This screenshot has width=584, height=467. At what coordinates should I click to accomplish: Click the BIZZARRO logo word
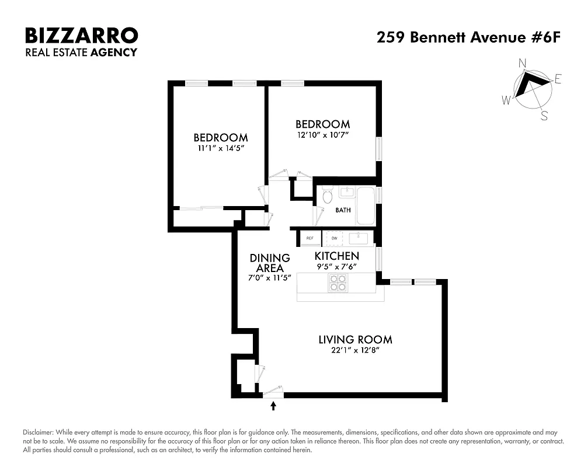point(81,36)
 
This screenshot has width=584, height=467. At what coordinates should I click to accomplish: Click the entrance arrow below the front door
point(273,405)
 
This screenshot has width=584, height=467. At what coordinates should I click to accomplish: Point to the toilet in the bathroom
point(326,196)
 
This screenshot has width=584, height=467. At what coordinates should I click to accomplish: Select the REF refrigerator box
point(310,238)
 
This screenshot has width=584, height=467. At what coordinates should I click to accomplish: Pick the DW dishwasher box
point(334,238)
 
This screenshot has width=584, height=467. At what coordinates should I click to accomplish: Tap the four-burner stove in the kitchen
point(338,283)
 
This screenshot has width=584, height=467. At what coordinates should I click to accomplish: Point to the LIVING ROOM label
point(355,339)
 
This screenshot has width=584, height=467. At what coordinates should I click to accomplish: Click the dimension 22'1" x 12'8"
point(355,350)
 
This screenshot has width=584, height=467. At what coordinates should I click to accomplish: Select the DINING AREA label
point(270,263)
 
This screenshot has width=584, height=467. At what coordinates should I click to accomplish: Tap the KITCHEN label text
point(336,256)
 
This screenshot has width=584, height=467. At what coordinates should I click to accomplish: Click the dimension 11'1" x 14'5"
point(220,149)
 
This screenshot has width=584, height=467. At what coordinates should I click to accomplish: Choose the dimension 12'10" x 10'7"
point(322,135)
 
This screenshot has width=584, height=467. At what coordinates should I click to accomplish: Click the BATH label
point(343,210)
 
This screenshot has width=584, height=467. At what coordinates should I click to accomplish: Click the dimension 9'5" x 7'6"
point(336,267)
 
